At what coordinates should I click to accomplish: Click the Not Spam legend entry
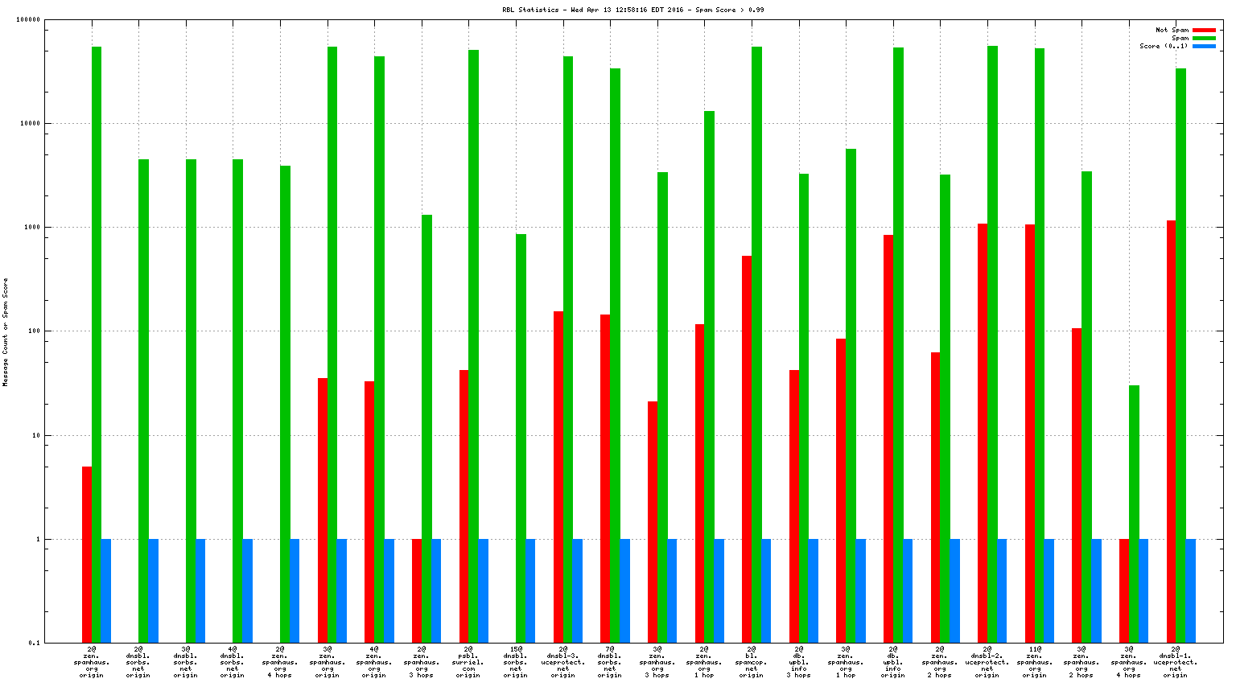(1172, 30)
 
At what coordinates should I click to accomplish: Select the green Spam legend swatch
(1204, 38)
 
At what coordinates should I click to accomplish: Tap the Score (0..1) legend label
(1163, 46)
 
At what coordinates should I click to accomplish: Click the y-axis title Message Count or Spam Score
(6, 332)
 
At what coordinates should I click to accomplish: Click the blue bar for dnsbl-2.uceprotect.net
(1002, 590)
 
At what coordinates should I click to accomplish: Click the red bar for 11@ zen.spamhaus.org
(1030, 434)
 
